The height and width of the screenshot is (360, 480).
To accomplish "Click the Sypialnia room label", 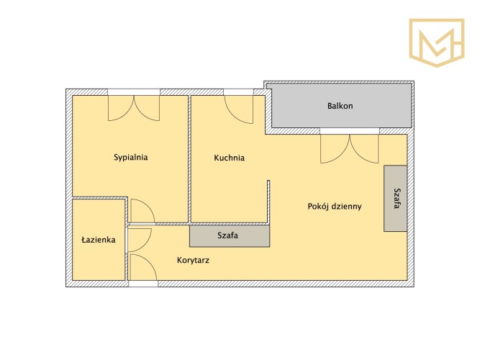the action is tap(131, 158).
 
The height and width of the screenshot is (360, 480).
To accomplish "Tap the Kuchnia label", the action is tap(229, 158).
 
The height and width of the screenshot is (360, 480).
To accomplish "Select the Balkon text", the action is tap(340, 106).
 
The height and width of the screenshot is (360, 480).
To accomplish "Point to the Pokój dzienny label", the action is tap(335, 207).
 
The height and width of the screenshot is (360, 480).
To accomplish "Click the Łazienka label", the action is tap(99, 240).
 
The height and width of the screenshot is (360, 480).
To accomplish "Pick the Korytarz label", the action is tap(193, 261).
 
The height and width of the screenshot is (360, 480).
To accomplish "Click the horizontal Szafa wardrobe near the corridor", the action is tap(230, 236).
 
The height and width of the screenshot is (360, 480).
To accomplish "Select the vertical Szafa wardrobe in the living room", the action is tap(396, 198).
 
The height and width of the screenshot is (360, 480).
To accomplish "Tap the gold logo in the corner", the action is tap(437, 42).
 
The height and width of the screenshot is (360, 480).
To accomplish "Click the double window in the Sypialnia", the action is tap(134, 108).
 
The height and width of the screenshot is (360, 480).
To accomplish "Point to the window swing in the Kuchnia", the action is tap(239, 109).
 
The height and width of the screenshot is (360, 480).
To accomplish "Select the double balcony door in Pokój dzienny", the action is tap(349, 149).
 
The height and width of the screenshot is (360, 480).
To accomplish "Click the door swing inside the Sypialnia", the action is tap(142, 211).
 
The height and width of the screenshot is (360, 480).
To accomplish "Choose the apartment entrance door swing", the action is tap(143, 267).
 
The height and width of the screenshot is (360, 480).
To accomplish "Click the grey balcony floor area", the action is tap(341, 106).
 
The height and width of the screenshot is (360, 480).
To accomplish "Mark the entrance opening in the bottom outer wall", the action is tap(143, 284).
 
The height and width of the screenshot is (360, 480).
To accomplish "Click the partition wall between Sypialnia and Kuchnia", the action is tap(189, 158).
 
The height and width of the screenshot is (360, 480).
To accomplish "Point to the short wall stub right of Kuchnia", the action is tap(268, 202).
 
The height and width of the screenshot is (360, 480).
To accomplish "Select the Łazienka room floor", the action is tap(99, 240).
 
